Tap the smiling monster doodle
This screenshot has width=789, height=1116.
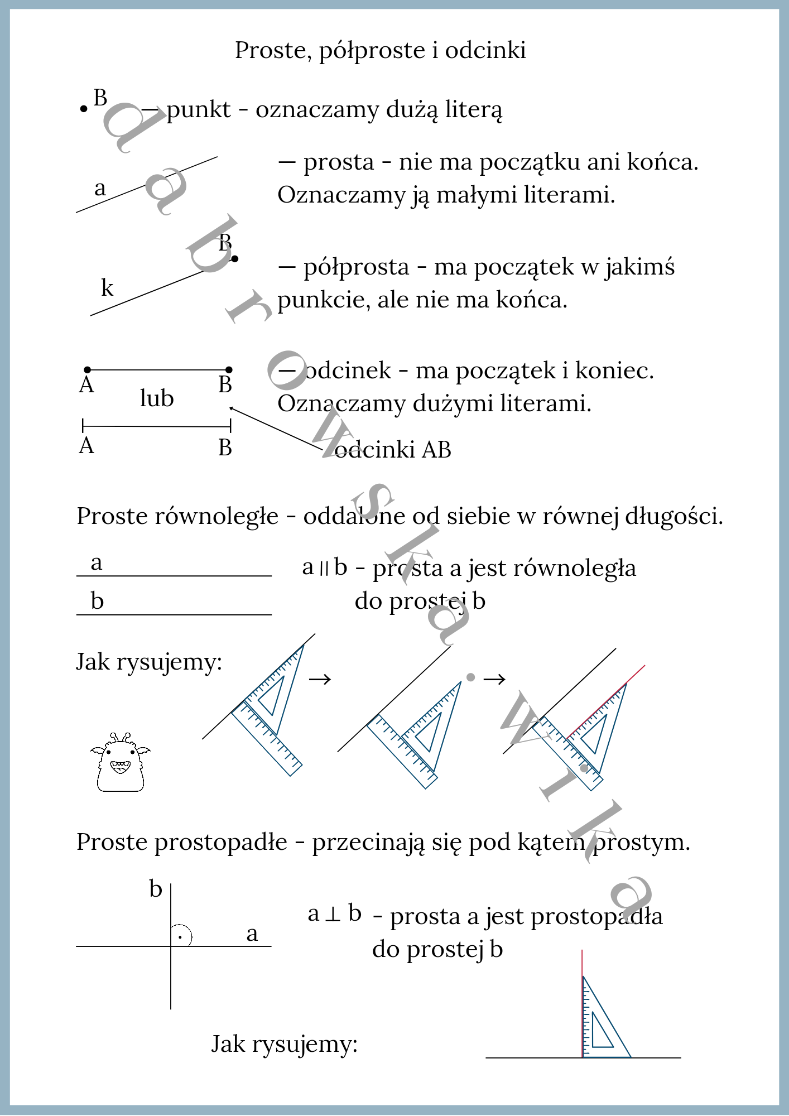(121, 763)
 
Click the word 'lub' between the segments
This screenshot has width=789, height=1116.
(157, 398)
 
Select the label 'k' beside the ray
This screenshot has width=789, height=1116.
(107, 288)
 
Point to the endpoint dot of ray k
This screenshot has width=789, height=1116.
(235, 258)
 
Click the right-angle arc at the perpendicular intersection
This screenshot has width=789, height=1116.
(184, 936)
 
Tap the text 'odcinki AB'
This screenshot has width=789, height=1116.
(393, 450)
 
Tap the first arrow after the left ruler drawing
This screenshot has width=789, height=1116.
(320, 679)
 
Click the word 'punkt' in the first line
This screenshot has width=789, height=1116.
(199, 109)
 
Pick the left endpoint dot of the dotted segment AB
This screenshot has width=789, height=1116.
(88, 370)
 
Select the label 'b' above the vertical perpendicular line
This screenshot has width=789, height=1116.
(156, 889)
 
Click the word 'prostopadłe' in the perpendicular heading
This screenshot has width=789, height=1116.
(221, 843)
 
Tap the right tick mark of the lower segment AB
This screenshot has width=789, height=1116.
(230, 426)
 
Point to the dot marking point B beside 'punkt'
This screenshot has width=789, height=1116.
(84, 109)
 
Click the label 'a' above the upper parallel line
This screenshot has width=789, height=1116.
(97, 562)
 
